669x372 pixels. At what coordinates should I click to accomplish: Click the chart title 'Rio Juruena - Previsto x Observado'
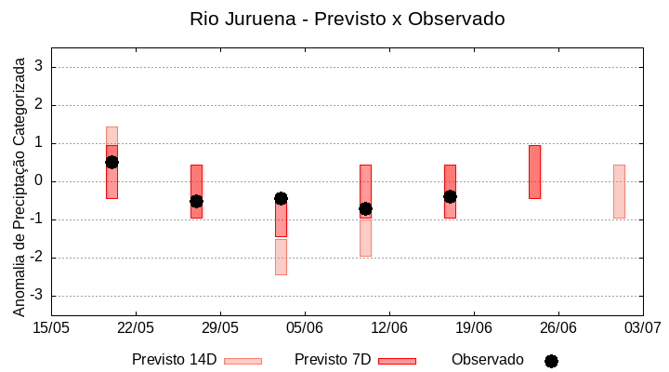(347, 19)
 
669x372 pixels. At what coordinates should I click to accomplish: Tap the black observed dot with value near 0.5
(111, 162)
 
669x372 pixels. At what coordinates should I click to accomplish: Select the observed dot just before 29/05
(196, 201)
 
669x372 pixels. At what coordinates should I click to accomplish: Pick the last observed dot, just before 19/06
(450, 196)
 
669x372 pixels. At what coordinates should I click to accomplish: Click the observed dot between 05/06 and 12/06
(365, 208)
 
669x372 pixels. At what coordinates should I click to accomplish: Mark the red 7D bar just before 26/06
(534, 172)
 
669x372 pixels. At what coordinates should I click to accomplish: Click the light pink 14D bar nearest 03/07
(619, 191)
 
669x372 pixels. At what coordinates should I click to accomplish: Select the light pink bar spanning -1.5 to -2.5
(281, 257)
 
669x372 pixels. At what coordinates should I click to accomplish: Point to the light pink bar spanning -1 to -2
(365, 237)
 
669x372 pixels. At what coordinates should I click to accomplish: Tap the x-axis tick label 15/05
(51, 327)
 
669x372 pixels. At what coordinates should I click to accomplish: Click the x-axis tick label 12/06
(389, 327)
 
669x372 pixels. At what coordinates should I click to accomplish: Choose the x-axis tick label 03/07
(642, 327)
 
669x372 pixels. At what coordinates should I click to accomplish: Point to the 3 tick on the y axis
(40, 67)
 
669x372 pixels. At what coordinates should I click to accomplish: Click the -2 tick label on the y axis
(37, 258)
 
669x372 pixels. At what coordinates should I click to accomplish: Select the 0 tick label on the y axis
(40, 181)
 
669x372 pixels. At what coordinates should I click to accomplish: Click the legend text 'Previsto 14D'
(174, 360)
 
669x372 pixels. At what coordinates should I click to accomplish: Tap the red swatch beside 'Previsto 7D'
(397, 361)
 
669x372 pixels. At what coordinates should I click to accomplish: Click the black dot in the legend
(551, 361)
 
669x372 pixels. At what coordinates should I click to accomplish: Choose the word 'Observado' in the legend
(488, 360)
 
